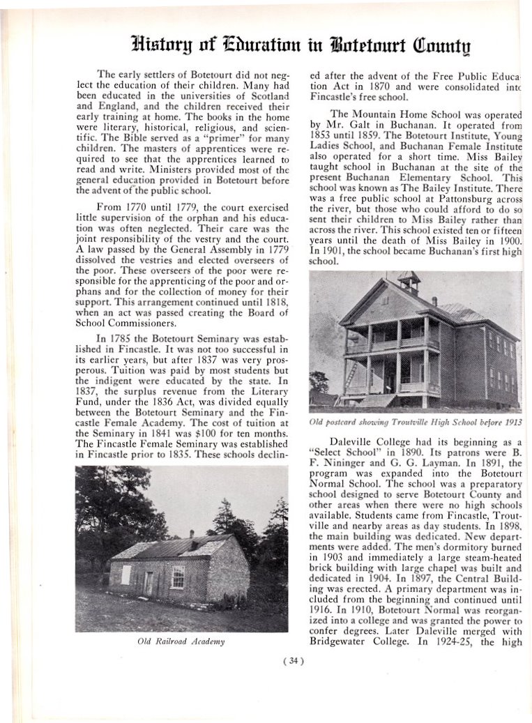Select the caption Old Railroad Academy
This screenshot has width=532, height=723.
(x=181, y=641)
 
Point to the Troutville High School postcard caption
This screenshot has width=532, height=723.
(x=415, y=423)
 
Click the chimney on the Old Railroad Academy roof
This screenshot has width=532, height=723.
(x=192, y=534)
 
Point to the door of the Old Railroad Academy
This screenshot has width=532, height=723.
(x=148, y=583)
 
